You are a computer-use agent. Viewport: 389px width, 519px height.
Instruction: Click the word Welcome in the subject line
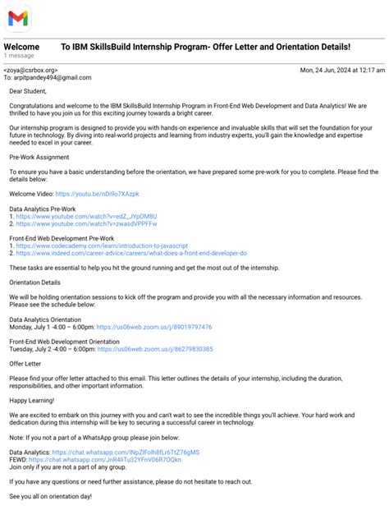pyautogui.click(x=21, y=47)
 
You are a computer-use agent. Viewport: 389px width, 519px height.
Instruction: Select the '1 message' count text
pyautogui.click(x=19, y=56)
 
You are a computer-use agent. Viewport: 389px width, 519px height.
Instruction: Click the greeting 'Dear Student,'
pyautogui.click(x=29, y=91)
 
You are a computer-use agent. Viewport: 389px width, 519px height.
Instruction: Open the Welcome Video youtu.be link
pyautogui.click(x=97, y=194)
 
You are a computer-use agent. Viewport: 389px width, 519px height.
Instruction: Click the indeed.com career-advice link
pyautogui.click(x=131, y=253)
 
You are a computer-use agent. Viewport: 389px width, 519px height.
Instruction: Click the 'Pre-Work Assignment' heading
pyautogui.click(x=39, y=157)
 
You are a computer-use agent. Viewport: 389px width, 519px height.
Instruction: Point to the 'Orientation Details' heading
pyautogui.click(x=38, y=282)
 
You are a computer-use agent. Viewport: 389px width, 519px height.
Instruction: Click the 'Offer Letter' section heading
pyautogui.click(x=25, y=364)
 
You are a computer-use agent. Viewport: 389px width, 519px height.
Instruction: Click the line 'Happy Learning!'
pyautogui.click(x=32, y=401)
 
